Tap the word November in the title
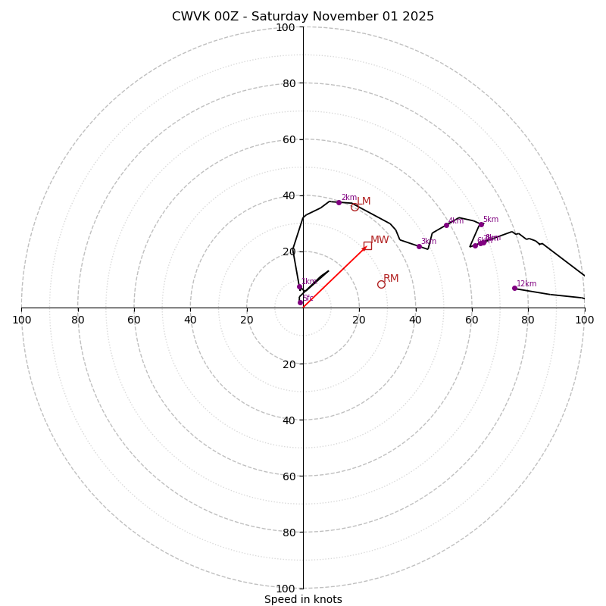338,17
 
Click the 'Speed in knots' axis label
303,600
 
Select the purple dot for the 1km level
299,286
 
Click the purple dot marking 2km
339,202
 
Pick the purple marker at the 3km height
419,246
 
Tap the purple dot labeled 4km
446,225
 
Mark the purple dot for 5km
481,224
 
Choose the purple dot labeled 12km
514,288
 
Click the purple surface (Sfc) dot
300,302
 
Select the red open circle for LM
355,207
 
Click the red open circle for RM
381,284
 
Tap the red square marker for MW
367,245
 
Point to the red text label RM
391,279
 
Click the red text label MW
380,240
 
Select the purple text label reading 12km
526,284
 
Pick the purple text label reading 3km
429,242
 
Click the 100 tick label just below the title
286,27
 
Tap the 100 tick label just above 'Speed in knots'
286,589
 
